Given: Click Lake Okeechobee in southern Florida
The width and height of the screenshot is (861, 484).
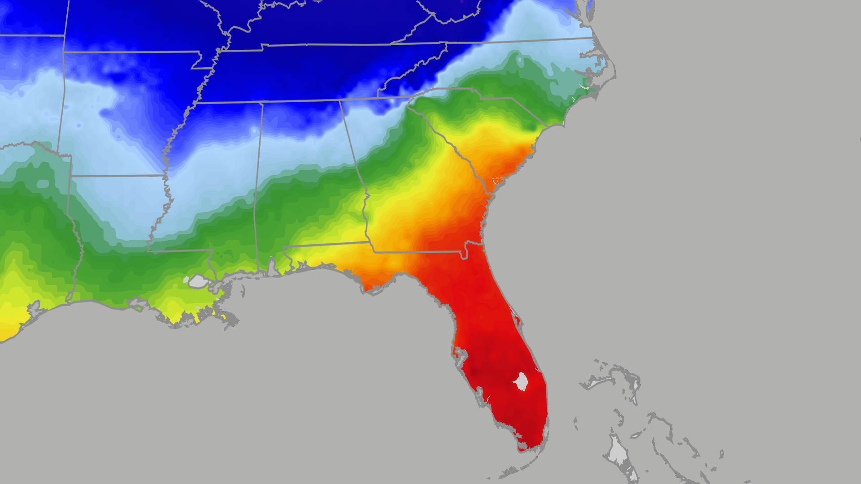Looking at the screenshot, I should pyautogui.click(x=521, y=381).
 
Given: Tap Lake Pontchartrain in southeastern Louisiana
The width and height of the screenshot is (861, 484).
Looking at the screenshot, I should pyautogui.click(x=198, y=281).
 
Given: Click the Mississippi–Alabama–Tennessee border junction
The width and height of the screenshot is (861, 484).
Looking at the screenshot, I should pyautogui.click(x=262, y=103).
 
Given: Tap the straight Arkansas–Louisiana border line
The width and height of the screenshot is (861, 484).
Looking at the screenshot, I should pyautogui.click(x=117, y=176).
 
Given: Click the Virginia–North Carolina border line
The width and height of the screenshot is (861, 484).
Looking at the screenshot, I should pyautogui.click(x=516, y=42).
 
